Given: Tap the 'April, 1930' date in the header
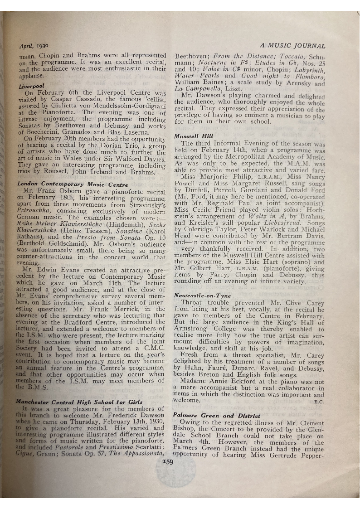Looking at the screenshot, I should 34,46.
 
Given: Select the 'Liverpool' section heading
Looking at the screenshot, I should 31,86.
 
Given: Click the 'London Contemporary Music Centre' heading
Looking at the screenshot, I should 73,184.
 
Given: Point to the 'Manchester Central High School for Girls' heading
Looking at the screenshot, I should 79,402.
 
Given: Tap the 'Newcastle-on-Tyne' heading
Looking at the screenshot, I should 203,296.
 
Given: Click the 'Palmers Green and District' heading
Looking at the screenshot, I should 210,415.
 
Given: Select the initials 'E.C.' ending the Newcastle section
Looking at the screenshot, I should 319,402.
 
